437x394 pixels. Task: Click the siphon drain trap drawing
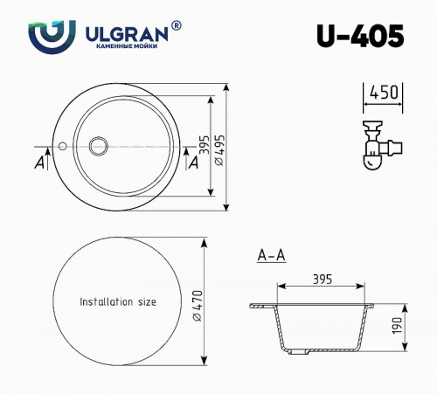pos(374,144)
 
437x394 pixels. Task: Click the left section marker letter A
pos(40,162)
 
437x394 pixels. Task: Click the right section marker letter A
pos(193,162)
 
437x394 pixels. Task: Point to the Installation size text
pos(118,301)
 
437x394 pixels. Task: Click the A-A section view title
pos(271,256)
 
